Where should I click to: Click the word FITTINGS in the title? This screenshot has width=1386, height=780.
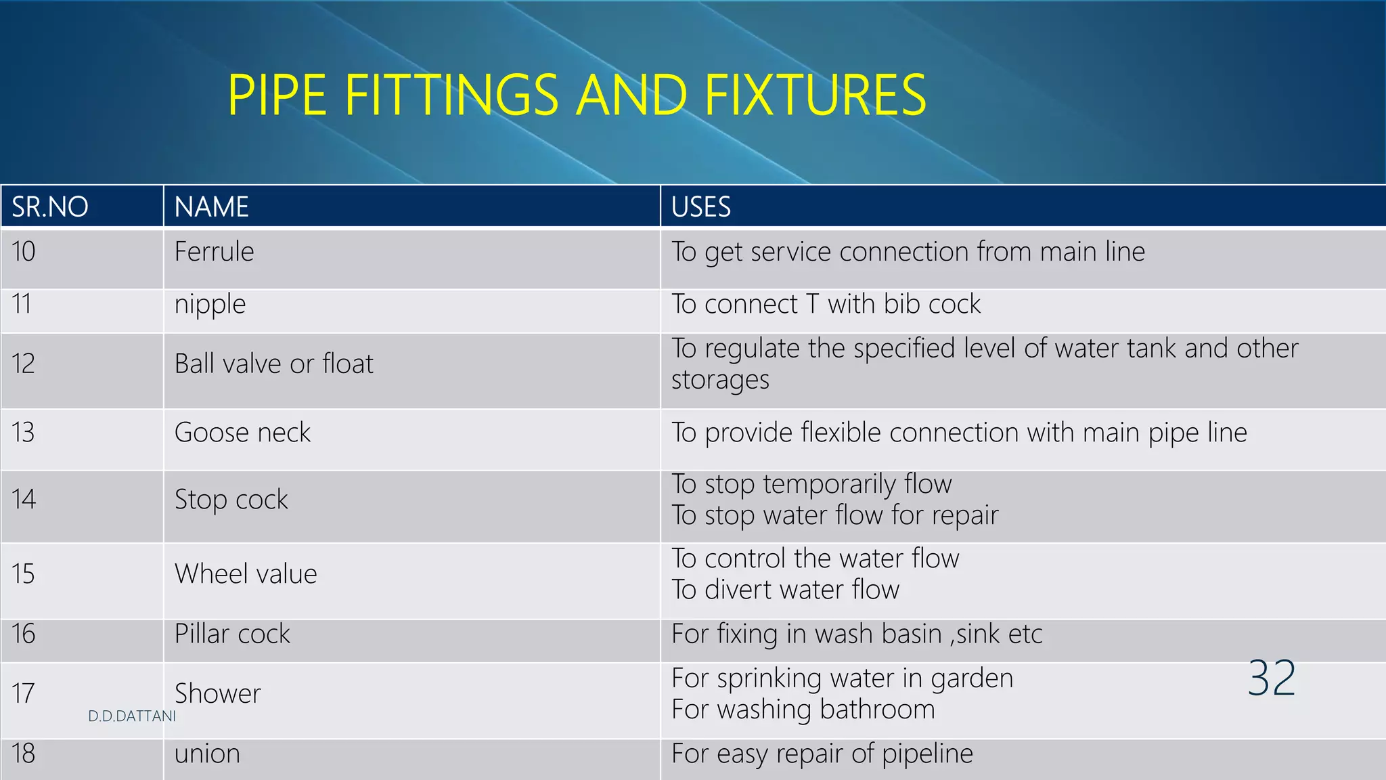click(x=451, y=95)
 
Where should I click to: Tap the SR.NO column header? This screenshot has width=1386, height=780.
click(x=50, y=207)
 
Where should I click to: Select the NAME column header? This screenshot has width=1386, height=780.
click(x=211, y=207)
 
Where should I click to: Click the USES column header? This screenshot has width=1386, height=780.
click(x=700, y=207)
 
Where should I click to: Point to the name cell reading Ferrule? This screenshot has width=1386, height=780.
click(x=214, y=252)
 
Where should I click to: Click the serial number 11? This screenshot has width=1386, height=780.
click(x=22, y=304)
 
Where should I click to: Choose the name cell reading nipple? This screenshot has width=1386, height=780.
click(x=210, y=305)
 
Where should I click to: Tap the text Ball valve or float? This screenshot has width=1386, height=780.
click(x=273, y=364)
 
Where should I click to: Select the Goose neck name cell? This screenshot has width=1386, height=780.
click(x=242, y=433)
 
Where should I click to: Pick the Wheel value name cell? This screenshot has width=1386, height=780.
click(x=246, y=574)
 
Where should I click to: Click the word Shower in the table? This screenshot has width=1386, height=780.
click(x=217, y=693)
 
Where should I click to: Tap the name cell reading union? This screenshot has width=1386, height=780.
click(x=207, y=754)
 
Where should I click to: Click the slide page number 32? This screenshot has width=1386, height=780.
click(x=1272, y=678)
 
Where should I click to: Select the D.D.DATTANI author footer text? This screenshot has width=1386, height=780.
click(x=132, y=716)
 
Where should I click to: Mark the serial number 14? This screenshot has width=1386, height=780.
click(x=23, y=500)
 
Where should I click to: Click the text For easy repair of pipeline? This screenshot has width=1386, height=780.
click(x=822, y=754)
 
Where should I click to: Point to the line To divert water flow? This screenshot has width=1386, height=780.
click(x=785, y=590)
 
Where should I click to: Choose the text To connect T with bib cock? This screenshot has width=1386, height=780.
click(x=826, y=304)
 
